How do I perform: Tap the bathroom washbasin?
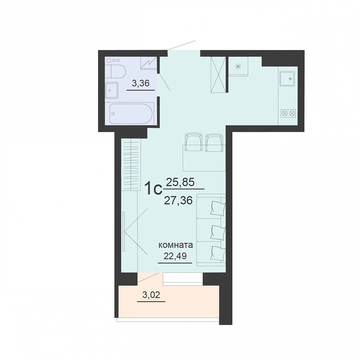tap(112, 90)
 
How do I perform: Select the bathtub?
tap(131, 114)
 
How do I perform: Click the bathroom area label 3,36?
tap(141, 83)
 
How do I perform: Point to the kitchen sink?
tap(287, 79)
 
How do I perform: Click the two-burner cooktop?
tap(288, 113)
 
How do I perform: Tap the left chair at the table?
tap(194, 142)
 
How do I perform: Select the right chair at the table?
tap(214, 143)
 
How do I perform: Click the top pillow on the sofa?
tap(218, 208)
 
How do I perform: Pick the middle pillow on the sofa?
tap(218, 232)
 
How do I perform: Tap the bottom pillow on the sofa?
tap(218, 253)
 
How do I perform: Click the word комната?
tap(176, 245)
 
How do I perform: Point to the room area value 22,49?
tap(175, 256)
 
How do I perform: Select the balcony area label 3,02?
tap(151, 295)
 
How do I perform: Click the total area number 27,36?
tap(178, 201)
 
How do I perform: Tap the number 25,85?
tap(180, 182)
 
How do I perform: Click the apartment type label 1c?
tap(153, 189)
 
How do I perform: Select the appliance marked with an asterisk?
tap(238, 67)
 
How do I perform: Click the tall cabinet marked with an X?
tap(218, 74)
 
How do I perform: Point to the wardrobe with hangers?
tap(131, 165)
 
